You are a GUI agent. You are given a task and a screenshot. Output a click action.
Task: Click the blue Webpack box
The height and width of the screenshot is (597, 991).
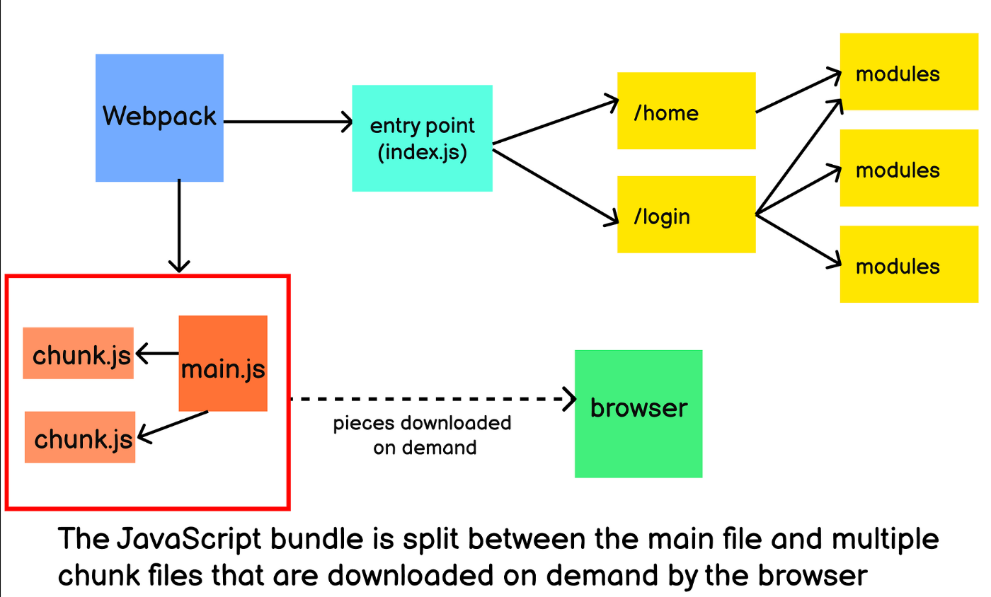[159, 117]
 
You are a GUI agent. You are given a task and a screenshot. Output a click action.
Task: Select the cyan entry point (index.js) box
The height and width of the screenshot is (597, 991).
[422, 139]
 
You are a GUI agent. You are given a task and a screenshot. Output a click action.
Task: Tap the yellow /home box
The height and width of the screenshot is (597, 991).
[686, 110]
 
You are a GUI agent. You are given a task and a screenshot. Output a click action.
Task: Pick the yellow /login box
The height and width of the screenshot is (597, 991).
[686, 214]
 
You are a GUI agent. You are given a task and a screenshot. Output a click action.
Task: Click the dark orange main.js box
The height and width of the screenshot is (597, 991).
[223, 363]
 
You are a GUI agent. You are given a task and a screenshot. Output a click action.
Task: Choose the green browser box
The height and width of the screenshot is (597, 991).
[638, 413]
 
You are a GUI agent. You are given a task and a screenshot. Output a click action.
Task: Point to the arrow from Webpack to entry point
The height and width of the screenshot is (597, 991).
[287, 122]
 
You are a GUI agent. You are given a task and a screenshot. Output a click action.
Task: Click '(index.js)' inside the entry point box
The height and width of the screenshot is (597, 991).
[422, 152]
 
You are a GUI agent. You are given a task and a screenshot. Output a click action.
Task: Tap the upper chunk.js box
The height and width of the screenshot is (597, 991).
[78, 354]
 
